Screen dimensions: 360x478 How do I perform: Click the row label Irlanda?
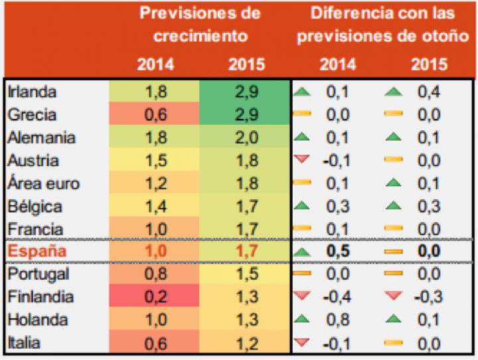click(32, 92)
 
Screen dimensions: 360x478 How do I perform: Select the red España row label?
click(37, 251)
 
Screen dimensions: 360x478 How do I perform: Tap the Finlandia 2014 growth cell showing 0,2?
click(155, 297)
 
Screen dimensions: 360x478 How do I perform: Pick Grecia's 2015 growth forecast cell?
click(246, 115)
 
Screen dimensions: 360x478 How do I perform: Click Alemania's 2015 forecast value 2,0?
click(246, 138)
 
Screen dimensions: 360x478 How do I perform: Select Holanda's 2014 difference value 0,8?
click(338, 319)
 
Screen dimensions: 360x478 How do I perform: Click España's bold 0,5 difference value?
click(338, 251)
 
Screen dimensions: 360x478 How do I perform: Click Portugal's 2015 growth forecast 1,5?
click(246, 274)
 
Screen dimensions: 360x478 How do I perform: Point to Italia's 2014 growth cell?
click(155, 343)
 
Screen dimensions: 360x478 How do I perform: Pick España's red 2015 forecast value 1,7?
click(246, 251)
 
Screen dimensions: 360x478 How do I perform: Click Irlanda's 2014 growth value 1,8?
click(155, 92)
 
